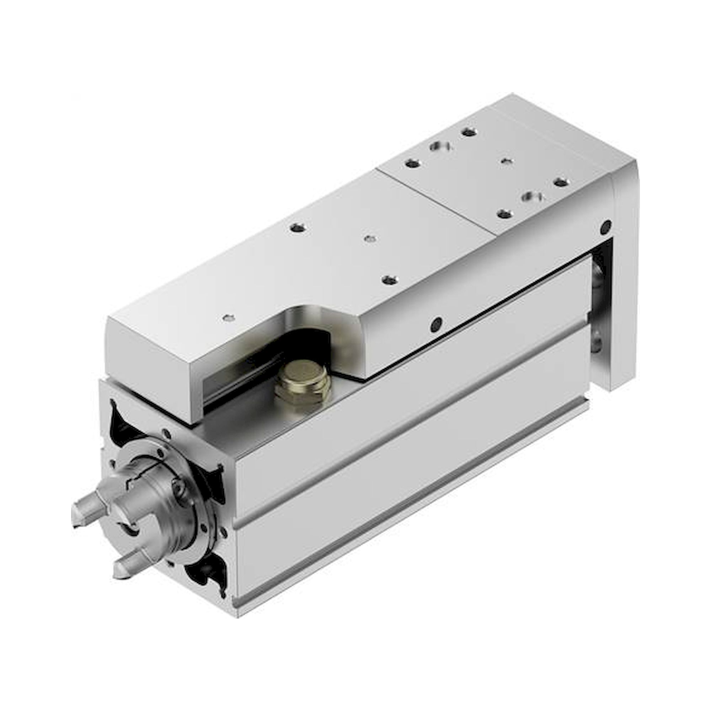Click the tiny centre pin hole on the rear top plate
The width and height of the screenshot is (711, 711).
coord(507,161)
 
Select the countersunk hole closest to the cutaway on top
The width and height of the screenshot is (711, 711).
coord(389,280)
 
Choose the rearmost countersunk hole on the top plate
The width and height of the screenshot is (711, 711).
coord(469,132)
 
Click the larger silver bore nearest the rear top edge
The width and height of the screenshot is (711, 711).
coord(439,146)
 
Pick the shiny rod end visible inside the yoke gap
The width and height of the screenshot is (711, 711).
coord(597,274)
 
